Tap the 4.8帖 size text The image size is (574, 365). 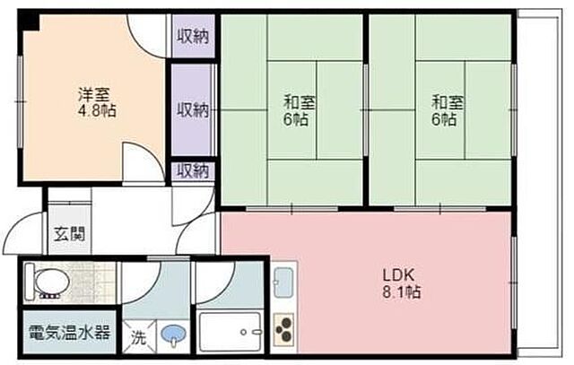tap(95, 111)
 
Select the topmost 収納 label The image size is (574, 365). tap(193, 37)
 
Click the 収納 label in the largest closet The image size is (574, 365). tap(193, 110)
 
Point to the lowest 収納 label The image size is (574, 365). tap(193, 169)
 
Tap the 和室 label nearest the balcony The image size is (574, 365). tap(446, 102)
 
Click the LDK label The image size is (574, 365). tap(400, 275)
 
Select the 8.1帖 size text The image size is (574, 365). tap(401, 292)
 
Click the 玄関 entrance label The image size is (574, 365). tap(68, 235)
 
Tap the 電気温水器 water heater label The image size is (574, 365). tap(69, 333)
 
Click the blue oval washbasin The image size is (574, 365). tap(171, 335)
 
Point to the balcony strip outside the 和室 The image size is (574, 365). tap(536, 179)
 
